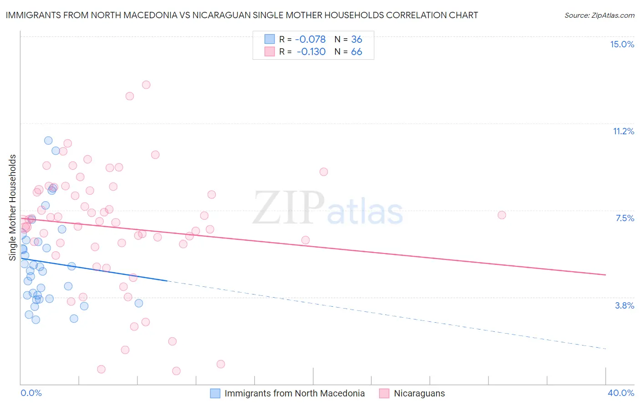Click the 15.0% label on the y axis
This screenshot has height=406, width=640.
pos(622,44)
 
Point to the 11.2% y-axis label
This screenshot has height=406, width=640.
pos(623,131)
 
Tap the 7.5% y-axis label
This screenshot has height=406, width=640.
pos(625,218)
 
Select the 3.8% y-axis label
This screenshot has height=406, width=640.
pos(625,305)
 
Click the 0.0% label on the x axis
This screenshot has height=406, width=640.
pos(31,393)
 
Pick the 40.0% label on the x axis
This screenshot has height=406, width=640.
pos(620,393)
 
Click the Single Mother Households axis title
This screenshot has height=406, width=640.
pos(13,208)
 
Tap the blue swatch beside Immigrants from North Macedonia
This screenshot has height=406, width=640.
pos(215,393)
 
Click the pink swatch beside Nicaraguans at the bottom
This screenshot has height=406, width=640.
pos(385,393)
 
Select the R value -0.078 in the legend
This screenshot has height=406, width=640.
pos(311,40)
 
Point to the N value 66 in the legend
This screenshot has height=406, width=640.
pos(356,52)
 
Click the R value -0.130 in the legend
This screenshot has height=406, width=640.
pos(311,52)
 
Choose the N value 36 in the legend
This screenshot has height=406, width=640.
pos(356,40)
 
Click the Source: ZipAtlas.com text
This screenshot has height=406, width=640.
pos(599,15)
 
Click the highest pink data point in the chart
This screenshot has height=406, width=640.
pos(146,85)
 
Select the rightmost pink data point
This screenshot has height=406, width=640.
pos(502,215)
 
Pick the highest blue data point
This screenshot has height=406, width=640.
pos(48,141)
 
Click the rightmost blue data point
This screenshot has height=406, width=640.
pos(139,303)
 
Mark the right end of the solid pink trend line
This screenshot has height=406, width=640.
pos(606,275)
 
